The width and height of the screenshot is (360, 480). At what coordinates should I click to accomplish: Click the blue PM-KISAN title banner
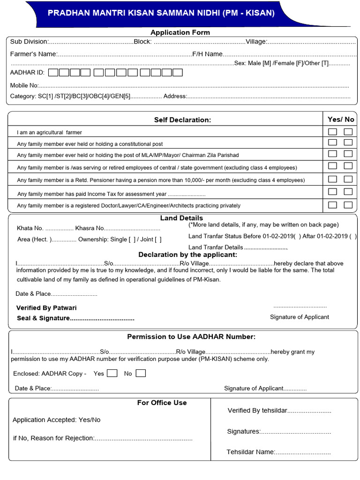click(x=161, y=13)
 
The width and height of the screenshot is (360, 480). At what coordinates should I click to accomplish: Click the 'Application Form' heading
click(x=180, y=32)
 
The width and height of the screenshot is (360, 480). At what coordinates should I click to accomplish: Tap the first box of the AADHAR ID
click(x=53, y=73)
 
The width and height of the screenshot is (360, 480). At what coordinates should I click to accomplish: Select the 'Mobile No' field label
click(x=24, y=85)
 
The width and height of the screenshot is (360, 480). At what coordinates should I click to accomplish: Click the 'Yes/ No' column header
click(x=341, y=119)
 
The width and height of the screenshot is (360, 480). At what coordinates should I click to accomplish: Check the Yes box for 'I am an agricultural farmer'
click(x=332, y=132)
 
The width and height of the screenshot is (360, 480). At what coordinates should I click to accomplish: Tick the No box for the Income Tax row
click(x=348, y=191)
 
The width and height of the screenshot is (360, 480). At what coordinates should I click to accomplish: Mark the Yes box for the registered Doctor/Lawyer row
click(x=332, y=205)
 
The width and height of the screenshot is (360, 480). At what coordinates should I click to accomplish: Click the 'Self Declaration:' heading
click(x=182, y=120)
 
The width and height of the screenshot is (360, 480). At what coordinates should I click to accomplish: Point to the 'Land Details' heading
click(x=181, y=218)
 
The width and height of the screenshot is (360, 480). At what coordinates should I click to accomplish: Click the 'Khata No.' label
click(x=30, y=228)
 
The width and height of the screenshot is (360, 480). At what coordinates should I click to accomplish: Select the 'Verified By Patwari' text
click(x=46, y=308)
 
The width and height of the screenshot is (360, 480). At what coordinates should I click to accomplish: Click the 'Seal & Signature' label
click(x=43, y=318)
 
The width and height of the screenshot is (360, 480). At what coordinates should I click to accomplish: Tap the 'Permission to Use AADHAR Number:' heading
click(x=191, y=337)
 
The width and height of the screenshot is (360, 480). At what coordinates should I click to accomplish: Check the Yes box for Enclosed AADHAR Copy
click(x=112, y=374)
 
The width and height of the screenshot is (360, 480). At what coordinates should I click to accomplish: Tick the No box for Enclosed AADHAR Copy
click(x=141, y=374)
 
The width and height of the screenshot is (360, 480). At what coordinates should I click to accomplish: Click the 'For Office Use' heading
click(x=162, y=403)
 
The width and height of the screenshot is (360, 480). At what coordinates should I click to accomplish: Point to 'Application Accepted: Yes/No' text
click(x=56, y=420)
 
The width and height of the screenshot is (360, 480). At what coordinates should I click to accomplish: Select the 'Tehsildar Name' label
click(x=250, y=452)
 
